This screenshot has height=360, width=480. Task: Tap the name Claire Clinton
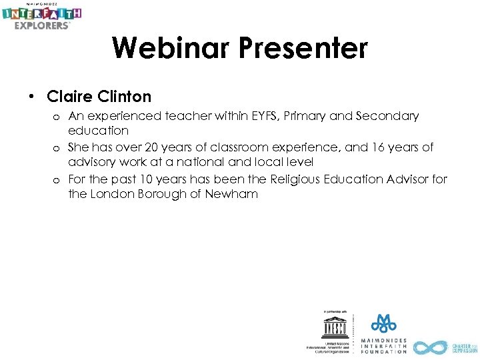[99, 97]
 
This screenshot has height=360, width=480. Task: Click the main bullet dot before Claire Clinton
[31, 97]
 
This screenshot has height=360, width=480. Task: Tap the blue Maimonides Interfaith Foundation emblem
[383, 324]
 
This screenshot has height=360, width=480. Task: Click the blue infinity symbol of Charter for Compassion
[429, 347]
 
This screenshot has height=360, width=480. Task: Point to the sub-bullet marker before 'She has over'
[58, 148]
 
